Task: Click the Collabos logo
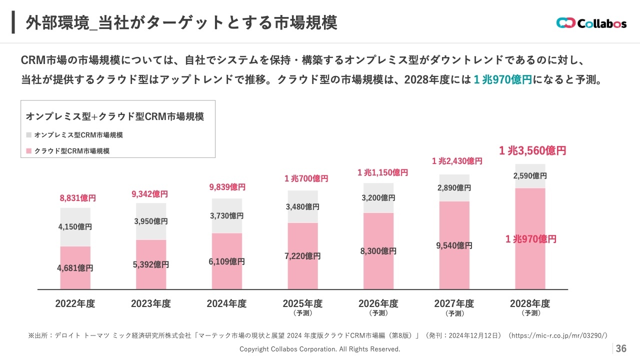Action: (x=591, y=23)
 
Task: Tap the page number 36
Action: (x=621, y=348)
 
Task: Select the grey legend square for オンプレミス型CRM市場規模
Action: (x=28, y=135)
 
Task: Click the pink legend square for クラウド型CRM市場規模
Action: (x=28, y=150)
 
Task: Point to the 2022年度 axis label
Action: (x=75, y=303)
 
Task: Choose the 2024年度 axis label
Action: (x=226, y=303)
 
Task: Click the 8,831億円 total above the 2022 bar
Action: (x=77, y=198)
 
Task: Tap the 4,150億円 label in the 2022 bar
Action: (x=75, y=226)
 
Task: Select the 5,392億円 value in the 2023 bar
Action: (x=151, y=264)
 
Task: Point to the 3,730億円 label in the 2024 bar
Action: (x=226, y=215)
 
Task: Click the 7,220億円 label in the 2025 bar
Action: (x=302, y=256)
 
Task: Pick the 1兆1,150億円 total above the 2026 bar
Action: (x=382, y=172)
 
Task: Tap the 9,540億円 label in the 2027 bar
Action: (x=454, y=245)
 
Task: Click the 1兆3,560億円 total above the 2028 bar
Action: (x=532, y=150)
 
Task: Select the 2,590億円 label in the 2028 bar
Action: (x=530, y=176)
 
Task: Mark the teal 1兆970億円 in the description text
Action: (x=502, y=80)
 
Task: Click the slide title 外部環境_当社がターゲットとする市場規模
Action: (x=181, y=22)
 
